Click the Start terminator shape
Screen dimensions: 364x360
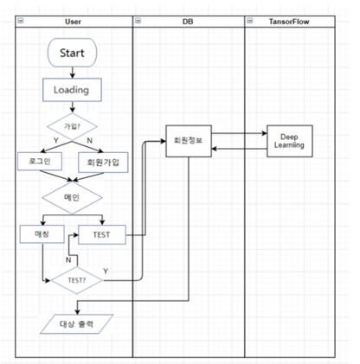click(74, 54)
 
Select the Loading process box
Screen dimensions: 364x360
click(74, 89)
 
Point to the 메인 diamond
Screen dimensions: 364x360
click(74, 196)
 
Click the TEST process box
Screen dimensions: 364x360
click(100, 233)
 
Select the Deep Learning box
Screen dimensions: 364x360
click(290, 140)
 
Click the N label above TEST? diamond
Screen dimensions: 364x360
click(69, 259)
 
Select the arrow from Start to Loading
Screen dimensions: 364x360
click(74, 73)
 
